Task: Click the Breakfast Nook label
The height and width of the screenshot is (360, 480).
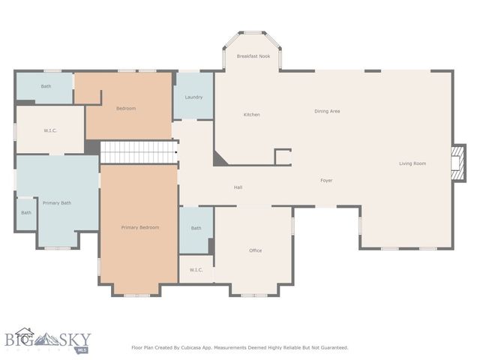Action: pyautogui.click(x=253, y=56)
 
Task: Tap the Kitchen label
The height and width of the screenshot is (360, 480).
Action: pyautogui.click(x=251, y=115)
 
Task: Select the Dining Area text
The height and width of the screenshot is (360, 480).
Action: pyautogui.click(x=327, y=111)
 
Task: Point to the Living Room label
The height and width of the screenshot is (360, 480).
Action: pyautogui.click(x=412, y=163)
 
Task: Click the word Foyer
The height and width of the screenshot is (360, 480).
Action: pyautogui.click(x=326, y=180)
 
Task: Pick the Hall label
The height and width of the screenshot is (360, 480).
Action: pyautogui.click(x=238, y=187)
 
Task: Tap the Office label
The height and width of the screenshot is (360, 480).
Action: pyautogui.click(x=256, y=250)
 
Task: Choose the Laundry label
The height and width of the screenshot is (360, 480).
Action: pyautogui.click(x=193, y=97)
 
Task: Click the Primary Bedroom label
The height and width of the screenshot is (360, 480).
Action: pyautogui.click(x=140, y=227)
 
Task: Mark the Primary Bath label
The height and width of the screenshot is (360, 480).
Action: pyautogui.click(x=56, y=202)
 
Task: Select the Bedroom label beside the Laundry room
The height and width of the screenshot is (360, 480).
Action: pyautogui.click(x=126, y=109)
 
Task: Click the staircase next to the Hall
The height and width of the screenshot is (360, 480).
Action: pyautogui.click(x=138, y=151)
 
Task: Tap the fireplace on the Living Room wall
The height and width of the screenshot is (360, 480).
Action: pyautogui.click(x=456, y=163)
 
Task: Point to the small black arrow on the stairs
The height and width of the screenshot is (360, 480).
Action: pyautogui.click(x=175, y=151)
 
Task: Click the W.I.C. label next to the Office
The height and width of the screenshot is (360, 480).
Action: pyautogui.click(x=196, y=269)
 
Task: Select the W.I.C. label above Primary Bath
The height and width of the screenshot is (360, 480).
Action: pyautogui.click(x=50, y=130)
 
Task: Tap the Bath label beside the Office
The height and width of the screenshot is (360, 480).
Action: pyautogui.click(x=196, y=228)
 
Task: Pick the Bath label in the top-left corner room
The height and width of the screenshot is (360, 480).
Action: pyautogui.click(x=46, y=86)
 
